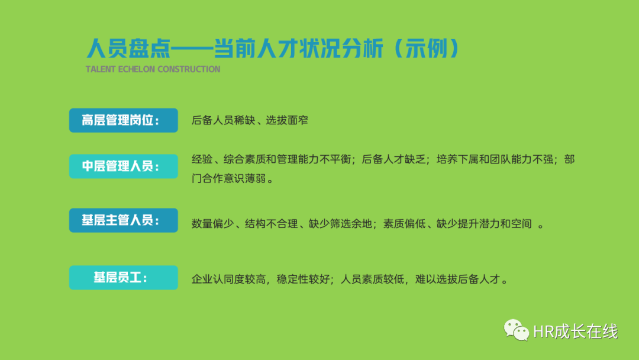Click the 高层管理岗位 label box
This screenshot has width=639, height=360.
[x=124, y=120]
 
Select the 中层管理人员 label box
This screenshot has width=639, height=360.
[x=124, y=166]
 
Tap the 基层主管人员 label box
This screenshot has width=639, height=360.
[x=124, y=220]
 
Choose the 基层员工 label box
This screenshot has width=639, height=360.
[x=124, y=278]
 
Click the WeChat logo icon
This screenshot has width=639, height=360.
[x=517, y=330]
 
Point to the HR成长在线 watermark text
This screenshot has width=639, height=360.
[x=576, y=332]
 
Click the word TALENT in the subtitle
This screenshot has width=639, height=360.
[x=101, y=69]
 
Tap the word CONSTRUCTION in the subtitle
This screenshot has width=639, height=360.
[x=189, y=69]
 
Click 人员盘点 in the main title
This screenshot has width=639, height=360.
[x=128, y=49]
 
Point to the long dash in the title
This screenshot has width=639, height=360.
[x=192, y=49]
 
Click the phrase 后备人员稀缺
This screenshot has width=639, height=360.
[x=223, y=120]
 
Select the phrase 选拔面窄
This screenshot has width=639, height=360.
[x=287, y=120]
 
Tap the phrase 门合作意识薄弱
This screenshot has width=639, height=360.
[x=228, y=179]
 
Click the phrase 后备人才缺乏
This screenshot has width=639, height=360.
[x=393, y=159]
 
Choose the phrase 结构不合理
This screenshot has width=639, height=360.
[x=271, y=224]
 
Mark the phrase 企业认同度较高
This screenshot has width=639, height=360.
[x=228, y=279]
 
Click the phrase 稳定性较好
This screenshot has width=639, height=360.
[x=303, y=279]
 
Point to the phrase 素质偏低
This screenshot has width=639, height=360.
[x=404, y=224]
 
